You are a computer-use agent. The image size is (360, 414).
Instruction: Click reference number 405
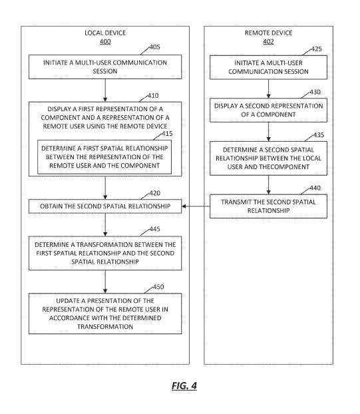[x=154, y=47]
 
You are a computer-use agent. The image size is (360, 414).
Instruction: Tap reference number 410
[x=153, y=96]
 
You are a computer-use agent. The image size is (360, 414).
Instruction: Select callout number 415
[x=167, y=134]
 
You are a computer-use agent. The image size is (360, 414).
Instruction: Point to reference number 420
[x=154, y=193]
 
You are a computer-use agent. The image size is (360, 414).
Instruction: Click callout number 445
[x=154, y=229]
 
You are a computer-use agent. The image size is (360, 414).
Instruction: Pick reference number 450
[x=158, y=287]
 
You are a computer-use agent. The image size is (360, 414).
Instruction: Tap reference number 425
[x=316, y=49]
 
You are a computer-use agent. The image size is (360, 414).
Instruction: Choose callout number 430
[x=315, y=92]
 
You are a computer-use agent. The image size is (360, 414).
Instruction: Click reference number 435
[x=319, y=135]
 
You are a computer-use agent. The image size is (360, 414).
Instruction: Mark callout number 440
[x=315, y=188]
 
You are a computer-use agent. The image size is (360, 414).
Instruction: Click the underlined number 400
[x=105, y=42]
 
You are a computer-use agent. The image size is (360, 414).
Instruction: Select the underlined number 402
[x=268, y=42]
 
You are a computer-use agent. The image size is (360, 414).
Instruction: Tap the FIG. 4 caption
[x=184, y=386]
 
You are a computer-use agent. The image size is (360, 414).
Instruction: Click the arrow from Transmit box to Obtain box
[x=196, y=206]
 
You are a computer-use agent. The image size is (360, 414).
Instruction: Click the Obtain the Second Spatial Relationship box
[x=105, y=206]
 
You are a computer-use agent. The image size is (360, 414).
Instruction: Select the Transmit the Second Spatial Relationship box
[x=268, y=206]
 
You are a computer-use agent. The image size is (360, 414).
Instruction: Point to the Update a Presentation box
[x=105, y=313]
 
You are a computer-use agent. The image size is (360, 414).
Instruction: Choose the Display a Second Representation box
[x=268, y=110]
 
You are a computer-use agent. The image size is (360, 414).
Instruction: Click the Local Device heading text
[x=105, y=33]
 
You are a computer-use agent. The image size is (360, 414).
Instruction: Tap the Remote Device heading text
[x=268, y=33]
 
